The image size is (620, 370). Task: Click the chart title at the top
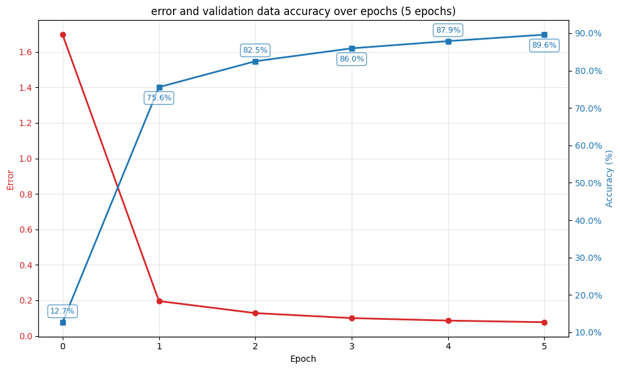[x=303, y=11]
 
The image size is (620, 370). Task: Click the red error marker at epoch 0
[x=63, y=34]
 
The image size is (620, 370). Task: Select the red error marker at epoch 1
[x=159, y=301]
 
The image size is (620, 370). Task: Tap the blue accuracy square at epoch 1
[x=159, y=87]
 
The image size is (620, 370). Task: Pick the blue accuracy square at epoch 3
[x=352, y=48]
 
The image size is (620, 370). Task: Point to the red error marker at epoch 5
[x=544, y=322]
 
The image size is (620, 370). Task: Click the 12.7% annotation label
[x=62, y=311]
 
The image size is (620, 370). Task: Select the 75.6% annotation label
[x=159, y=98]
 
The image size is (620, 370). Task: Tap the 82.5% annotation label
[x=255, y=50]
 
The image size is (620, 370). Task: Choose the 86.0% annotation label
[x=352, y=59]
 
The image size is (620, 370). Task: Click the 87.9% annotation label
[x=448, y=30]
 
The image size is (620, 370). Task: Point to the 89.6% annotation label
[x=544, y=45]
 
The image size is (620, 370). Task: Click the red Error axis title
[x=11, y=179]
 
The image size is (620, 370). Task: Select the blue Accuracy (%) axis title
[x=609, y=178]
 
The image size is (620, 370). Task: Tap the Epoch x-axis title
[x=303, y=359]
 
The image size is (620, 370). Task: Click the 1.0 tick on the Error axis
[x=26, y=159]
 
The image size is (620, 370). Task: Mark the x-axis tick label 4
[x=448, y=346]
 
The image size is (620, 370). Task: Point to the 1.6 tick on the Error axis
[x=26, y=52]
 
